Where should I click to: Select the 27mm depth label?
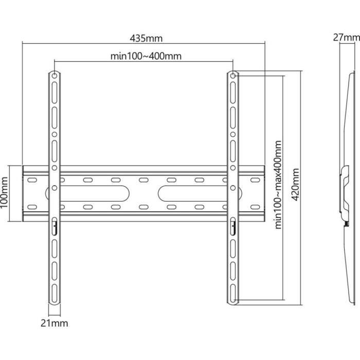346,37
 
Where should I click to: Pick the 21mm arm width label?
55,323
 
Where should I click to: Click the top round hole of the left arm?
54,76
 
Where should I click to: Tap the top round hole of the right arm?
233,76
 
